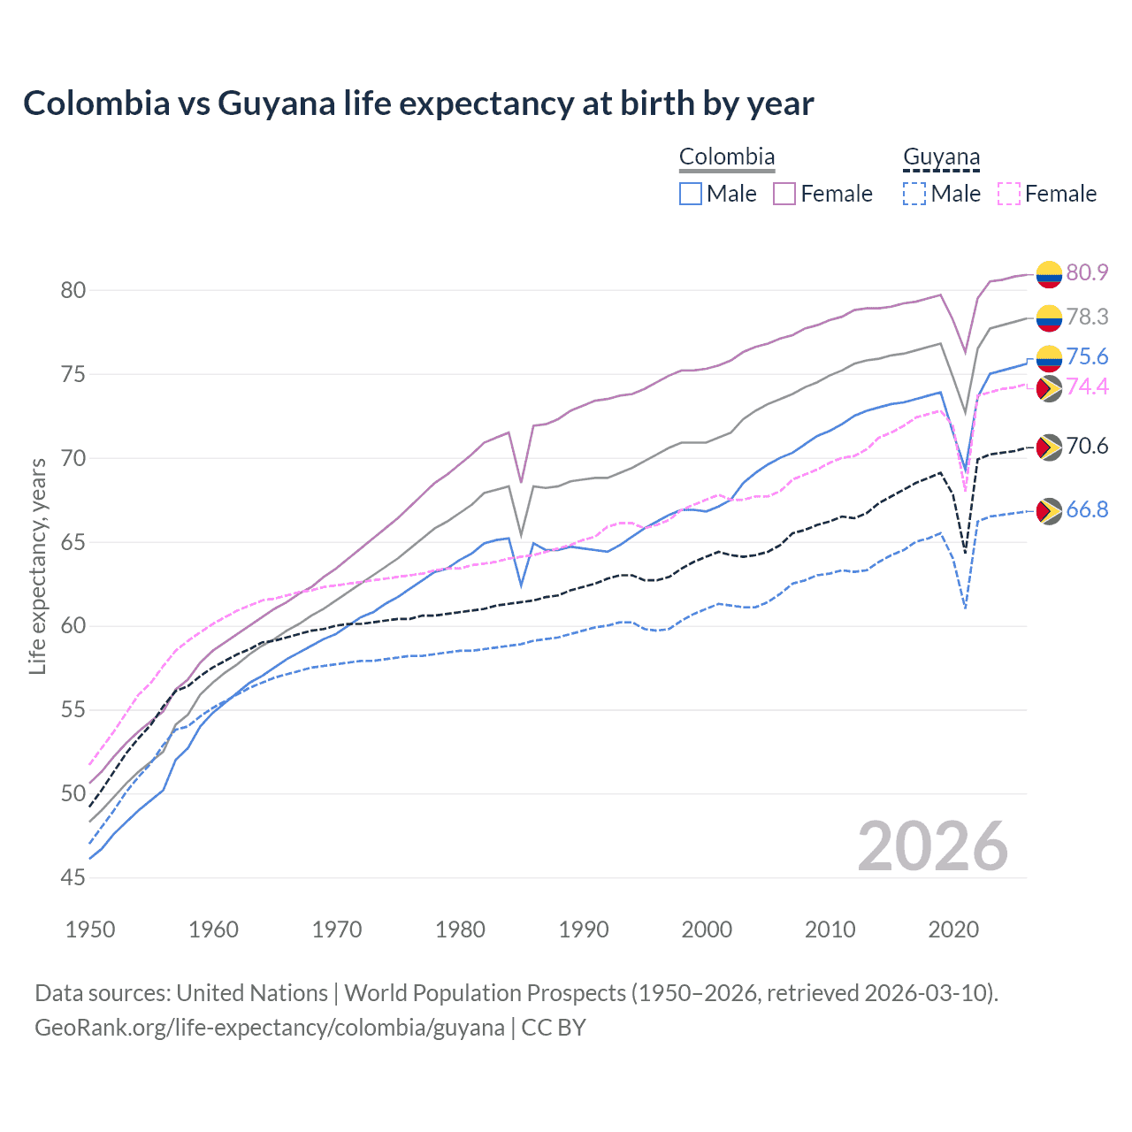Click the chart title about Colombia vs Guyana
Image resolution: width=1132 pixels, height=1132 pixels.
tap(418, 103)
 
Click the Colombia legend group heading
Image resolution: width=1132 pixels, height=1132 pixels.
tap(727, 157)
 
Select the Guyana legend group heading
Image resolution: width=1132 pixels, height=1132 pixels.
tap(941, 157)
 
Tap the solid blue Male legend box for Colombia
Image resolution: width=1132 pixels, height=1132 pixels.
tap(691, 194)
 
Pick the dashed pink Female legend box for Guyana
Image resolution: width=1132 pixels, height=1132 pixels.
tap(1009, 194)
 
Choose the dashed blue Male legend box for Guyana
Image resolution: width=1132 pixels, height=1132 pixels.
tap(914, 194)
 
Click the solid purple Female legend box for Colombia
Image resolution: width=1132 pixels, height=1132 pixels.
tap(784, 194)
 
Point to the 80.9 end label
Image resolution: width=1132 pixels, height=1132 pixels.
tap(1087, 272)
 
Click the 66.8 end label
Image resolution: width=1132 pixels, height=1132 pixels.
tap(1087, 510)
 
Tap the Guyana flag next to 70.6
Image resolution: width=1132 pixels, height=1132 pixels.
tap(1048, 447)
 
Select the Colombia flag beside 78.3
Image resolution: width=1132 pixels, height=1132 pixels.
tap(1048, 317)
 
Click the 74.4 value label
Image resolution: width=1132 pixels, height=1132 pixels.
tap(1087, 386)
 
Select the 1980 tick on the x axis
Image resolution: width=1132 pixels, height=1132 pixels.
tap(460, 929)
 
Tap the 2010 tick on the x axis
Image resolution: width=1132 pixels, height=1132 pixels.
tap(830, 929)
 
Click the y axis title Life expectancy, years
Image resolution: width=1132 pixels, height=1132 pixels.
tap(37, 566)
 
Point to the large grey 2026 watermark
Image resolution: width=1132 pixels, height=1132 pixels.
tap(932, 846)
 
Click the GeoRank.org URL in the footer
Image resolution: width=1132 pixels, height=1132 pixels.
tap(270, 1028)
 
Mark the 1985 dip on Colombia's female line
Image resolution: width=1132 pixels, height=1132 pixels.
tap(522, 482)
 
